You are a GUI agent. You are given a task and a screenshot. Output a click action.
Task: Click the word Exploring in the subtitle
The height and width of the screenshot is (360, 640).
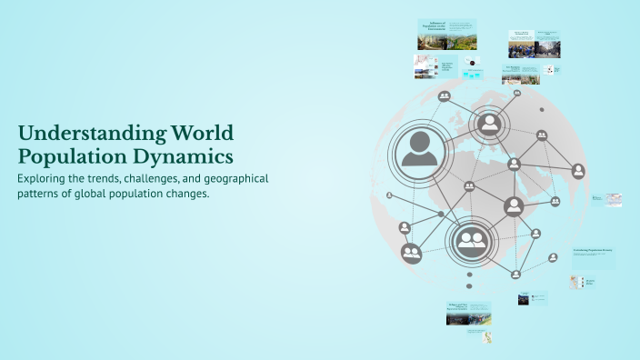pyautogui.click(x=45, y=178)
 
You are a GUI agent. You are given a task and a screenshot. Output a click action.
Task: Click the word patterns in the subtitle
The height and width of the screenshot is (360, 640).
pyautogui.click(x=42, y=194)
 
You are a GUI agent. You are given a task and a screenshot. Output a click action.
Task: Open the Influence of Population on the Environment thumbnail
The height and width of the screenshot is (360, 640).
pyautogui.click(x=447, y=35)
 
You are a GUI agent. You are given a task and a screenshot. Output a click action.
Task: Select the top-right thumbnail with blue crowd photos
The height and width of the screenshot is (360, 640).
pyautogui.click(x=534, y=44)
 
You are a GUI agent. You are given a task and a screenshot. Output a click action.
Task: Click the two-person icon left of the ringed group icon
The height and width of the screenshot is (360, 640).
pyautogui.click(x=412, y=253)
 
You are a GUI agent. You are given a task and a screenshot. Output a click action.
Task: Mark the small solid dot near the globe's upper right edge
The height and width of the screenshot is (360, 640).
pyautogui.click(x=543, y=110)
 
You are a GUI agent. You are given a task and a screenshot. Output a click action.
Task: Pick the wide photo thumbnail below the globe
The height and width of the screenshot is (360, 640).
pyautogui.click(x=469, y=314)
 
